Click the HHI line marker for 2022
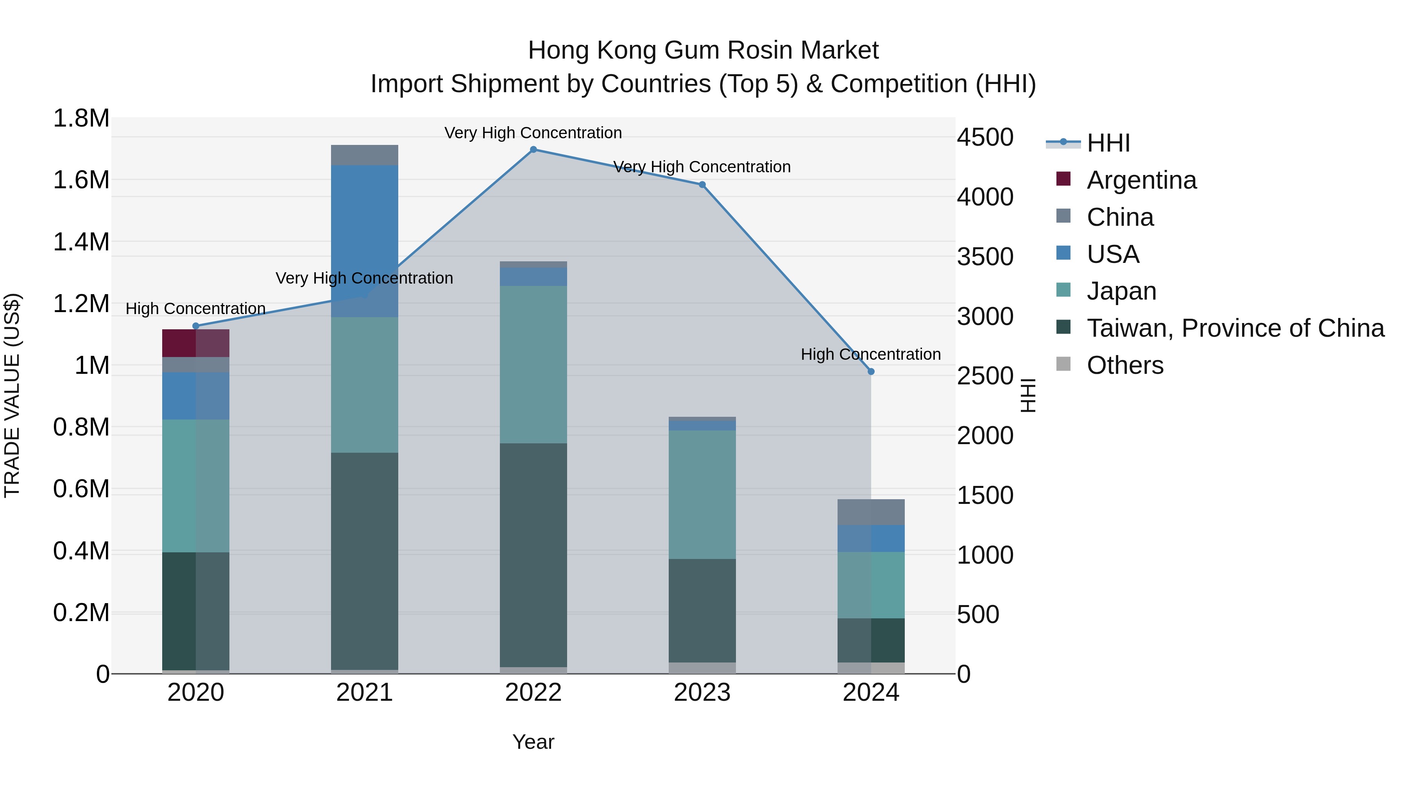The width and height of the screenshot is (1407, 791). click(533, 150)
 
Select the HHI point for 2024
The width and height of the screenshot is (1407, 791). click(871, 372)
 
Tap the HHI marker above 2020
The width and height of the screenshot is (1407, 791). click(196, 326)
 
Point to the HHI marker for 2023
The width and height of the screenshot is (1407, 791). click(702, 184)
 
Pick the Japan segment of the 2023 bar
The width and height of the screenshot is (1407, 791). click(702, 494)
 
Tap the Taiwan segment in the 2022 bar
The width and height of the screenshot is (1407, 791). click(533, 554)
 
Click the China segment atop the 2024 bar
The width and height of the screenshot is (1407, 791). click(871, 512)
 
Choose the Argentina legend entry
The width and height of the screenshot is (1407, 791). click(1142, 180)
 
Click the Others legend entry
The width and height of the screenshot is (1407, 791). click(1125, 365)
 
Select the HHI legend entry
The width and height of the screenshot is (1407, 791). click(1108, 143)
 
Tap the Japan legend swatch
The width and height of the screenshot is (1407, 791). click(1063, 290)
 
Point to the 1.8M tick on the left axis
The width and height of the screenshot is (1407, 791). click(81, 118)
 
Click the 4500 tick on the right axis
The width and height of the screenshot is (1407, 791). click(985, 137)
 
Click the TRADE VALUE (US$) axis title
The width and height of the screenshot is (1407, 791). click(12, 395)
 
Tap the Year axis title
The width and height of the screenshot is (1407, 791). click(533, 742)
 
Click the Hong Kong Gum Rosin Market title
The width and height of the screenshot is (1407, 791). click(703, 50)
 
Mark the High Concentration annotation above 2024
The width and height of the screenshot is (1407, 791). click(871, 354)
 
